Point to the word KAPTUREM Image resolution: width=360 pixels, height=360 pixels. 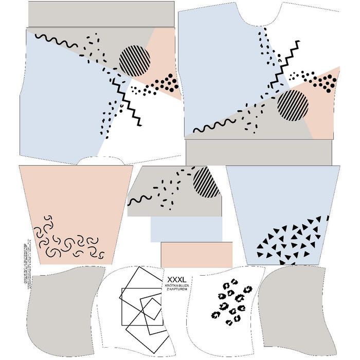click(177, 290)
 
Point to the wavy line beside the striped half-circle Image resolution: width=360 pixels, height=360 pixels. click(139, 200)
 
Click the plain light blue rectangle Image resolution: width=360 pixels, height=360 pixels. click(186, 229)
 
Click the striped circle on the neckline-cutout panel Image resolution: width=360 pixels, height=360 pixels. click(293, 105)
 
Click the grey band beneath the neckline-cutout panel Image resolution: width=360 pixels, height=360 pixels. click(259, 152)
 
